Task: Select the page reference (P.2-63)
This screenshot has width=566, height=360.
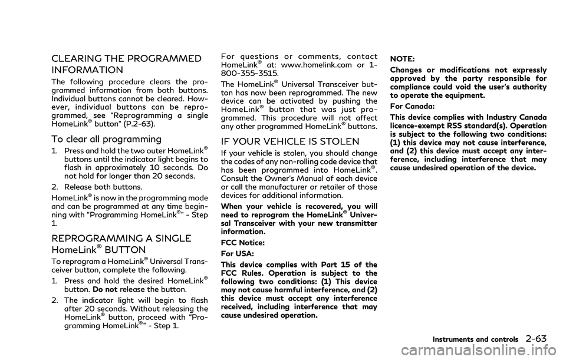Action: tap(145, 125)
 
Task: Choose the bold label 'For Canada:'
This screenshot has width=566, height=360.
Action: tap(406, 107)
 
